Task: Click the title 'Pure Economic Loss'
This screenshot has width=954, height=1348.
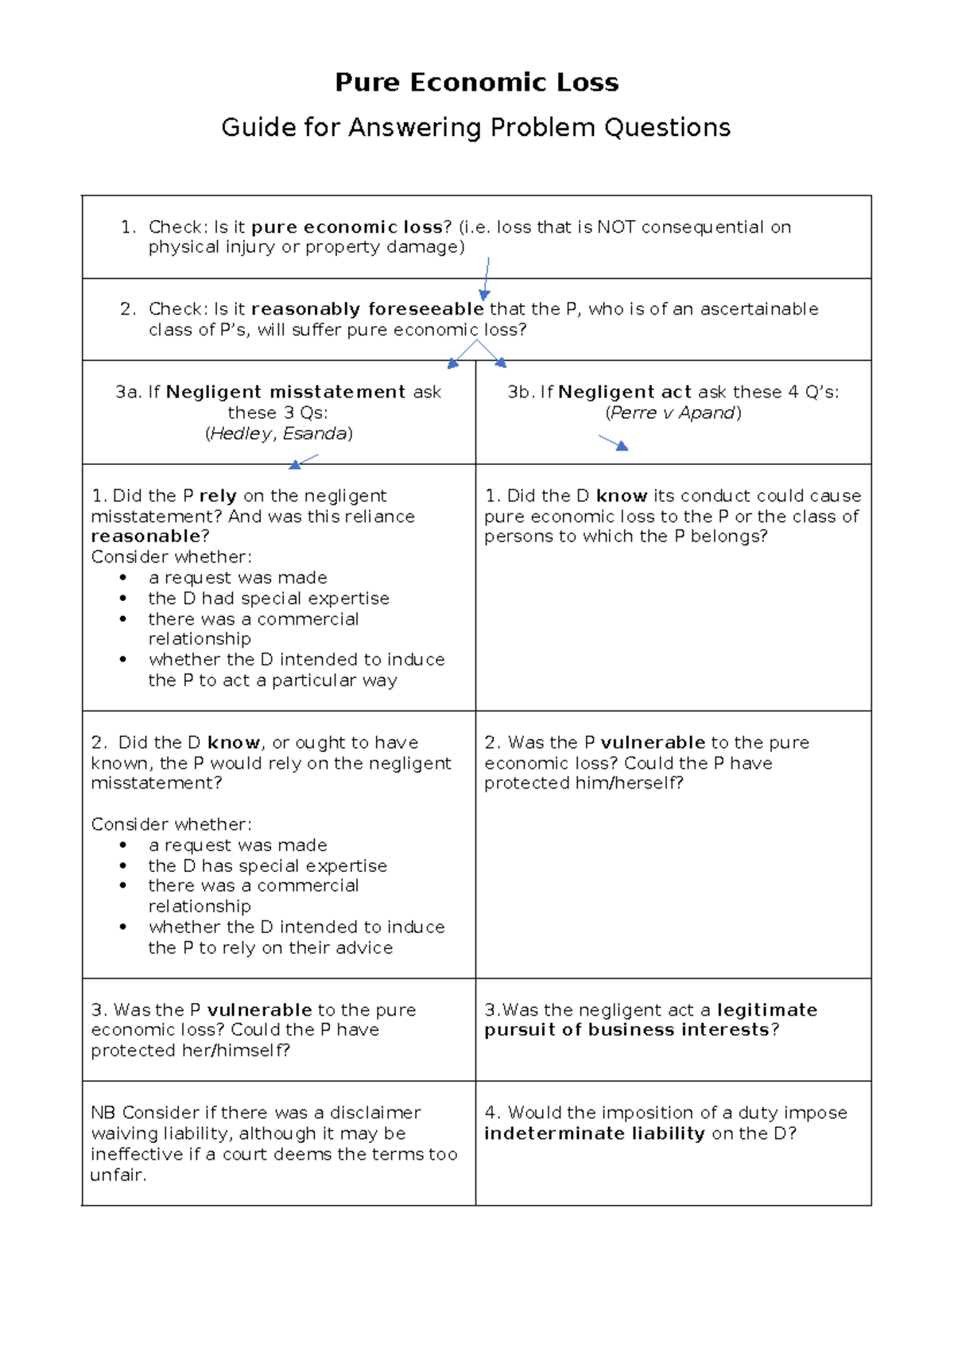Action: click(x=476, y=82)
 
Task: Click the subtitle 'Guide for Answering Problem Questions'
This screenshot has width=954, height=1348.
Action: click(x=475, y=127)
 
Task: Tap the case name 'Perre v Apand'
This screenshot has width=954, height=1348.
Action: click(x=673, y=413)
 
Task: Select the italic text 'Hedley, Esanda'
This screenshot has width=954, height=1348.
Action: click(x=278, y=433)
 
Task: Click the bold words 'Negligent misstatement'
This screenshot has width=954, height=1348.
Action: click(x=285, y=392)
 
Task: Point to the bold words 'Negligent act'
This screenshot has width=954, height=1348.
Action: click(x=624, y=392)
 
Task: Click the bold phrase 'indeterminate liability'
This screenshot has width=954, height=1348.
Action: click(x=594, y=1133)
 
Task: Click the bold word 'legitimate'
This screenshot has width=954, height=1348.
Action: click(x=766, y=1010)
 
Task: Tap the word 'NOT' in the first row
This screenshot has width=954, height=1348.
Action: click(x=615, y=227)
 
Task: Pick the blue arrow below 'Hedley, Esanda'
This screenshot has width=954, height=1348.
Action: click(x=303, y=461)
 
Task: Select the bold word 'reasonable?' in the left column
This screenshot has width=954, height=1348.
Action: click(x=149, y=536)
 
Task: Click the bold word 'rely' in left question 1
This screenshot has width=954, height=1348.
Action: click(x=217, y=496)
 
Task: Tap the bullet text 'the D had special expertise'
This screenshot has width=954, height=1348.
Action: click(x=269, y=598)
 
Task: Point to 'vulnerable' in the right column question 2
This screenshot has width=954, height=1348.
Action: click(x=652, y=742)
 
